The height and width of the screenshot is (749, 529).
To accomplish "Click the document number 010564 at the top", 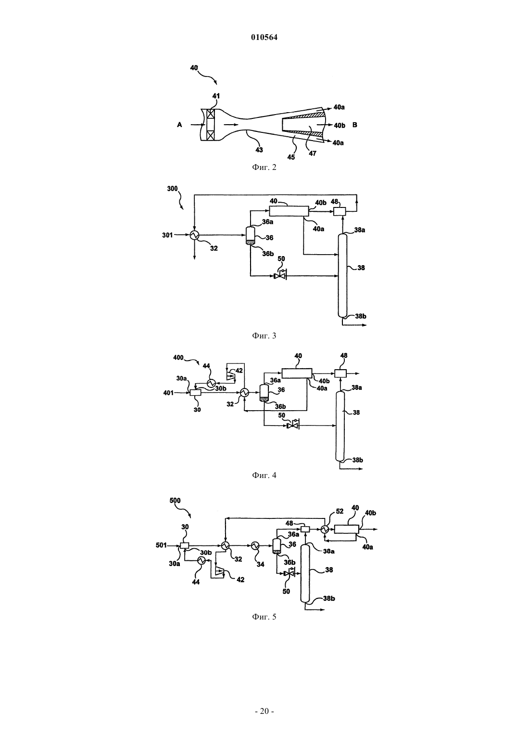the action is point(264,38).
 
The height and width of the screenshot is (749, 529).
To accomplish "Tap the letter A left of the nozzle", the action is point(179,125).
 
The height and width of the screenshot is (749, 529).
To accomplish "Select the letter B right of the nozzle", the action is point(355,125).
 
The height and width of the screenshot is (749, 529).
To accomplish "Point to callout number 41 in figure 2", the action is point(216,96).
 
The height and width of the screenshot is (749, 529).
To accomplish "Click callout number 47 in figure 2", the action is point(312,153).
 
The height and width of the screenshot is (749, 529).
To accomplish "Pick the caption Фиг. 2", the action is point(264,167).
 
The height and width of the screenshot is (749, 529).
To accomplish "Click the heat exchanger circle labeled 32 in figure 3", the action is point(194,235).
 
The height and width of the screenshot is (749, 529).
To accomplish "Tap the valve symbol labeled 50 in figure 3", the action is point(280,275).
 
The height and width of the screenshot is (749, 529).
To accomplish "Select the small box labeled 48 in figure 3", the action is point(340,212).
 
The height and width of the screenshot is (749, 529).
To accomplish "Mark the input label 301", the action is point(167,235).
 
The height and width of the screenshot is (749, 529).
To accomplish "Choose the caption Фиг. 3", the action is point(264,336).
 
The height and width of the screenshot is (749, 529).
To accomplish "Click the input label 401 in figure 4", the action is point(168,393).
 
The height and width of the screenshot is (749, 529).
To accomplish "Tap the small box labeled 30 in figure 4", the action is point(195,393).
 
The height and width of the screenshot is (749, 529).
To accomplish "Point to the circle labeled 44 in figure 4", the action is point(211,383).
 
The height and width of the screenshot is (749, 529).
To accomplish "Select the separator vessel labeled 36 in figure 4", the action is point(264,393).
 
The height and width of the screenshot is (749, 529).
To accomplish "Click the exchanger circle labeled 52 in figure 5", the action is point(324,529).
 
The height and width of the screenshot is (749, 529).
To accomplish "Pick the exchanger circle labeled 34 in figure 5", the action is point(255,545).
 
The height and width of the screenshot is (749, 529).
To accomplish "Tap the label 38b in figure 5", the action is point(328,598).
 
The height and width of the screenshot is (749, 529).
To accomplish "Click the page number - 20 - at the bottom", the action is point(264,711).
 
